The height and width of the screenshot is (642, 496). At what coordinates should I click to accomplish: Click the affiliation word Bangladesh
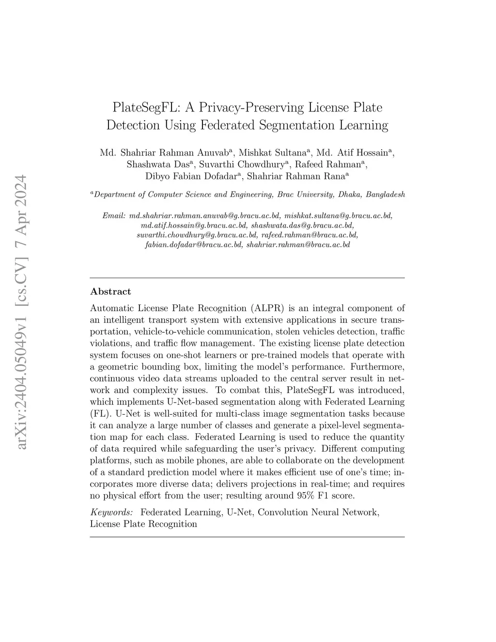coord(385,195)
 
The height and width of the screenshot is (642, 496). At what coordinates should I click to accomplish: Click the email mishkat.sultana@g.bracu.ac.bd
coord(338,216)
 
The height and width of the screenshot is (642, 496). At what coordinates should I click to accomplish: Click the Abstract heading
coord(110,292)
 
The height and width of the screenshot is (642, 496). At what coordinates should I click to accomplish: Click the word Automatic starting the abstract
coord(112,308)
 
